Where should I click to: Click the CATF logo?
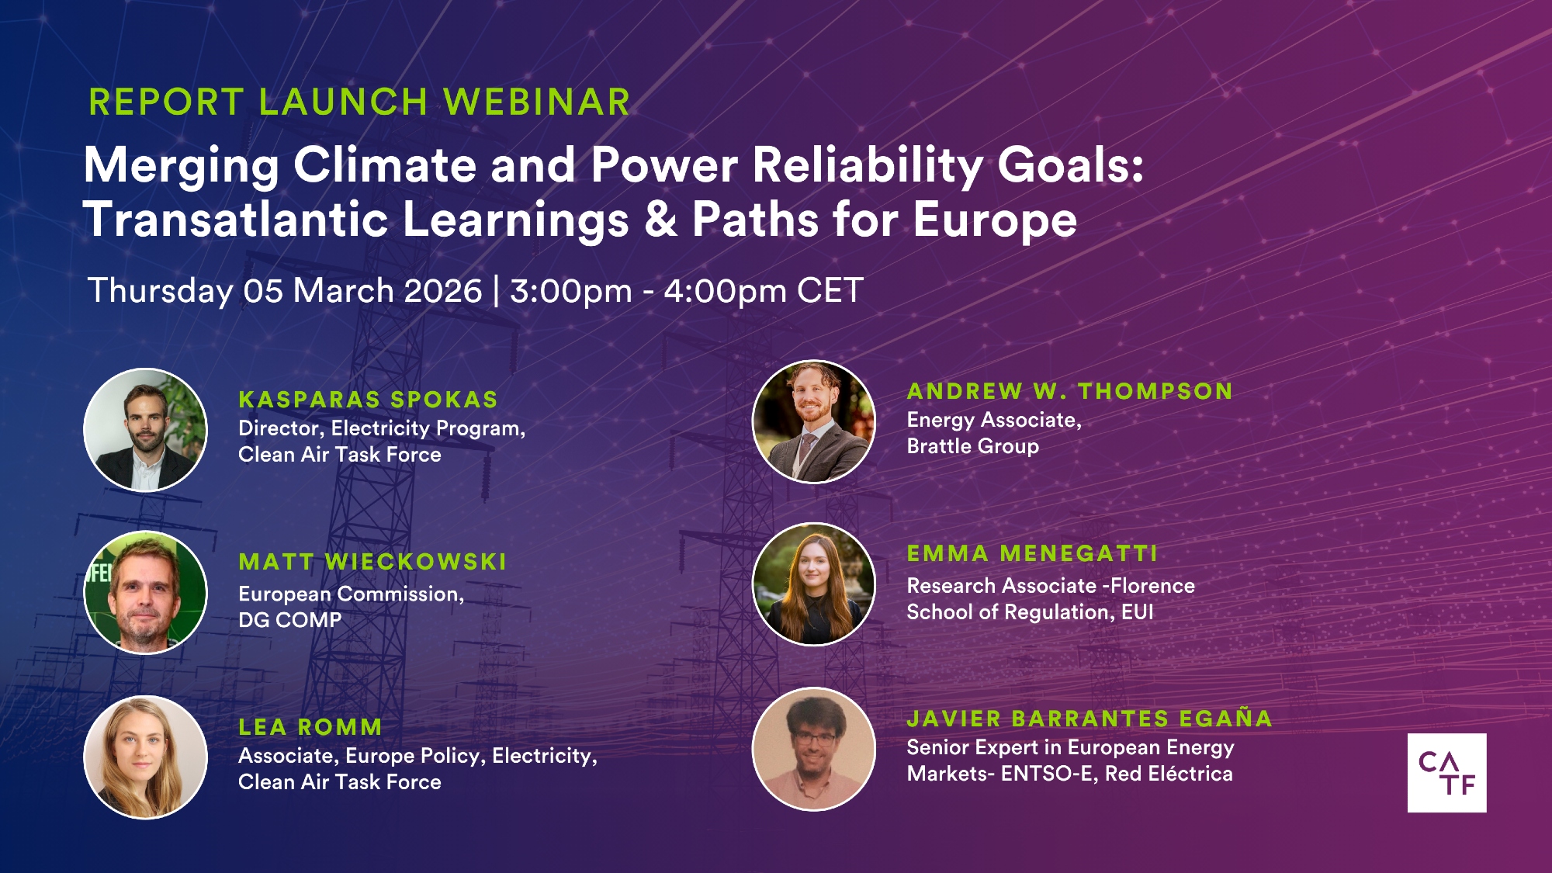click(x=1446, y=773)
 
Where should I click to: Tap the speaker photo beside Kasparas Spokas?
click(x=145, y=430)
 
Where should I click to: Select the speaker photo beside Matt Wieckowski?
click(x=145, y=593)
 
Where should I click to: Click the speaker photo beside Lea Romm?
click(x=145, y=757)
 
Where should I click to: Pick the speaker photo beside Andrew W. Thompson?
click(x=814, y=421)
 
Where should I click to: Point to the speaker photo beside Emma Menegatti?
click(x=814, y=584)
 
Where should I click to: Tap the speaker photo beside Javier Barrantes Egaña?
click(x=814, y=749)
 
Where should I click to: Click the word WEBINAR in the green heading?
click(x=536, y=102)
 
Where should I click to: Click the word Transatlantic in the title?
click(x=236, y=220)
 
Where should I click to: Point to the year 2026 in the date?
click(x=443, y=291)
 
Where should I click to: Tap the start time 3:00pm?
click(x=571, y=292)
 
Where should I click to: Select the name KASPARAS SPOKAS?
click(x=368, y=400)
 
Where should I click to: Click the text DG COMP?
click(x=289, y=620)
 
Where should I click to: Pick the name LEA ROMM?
click(x=310, y=727)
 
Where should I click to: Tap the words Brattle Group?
click(x=972, y=447)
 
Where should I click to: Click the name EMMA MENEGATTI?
click(x=1032, y=553)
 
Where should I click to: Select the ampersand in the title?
click(x=660, y=220)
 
